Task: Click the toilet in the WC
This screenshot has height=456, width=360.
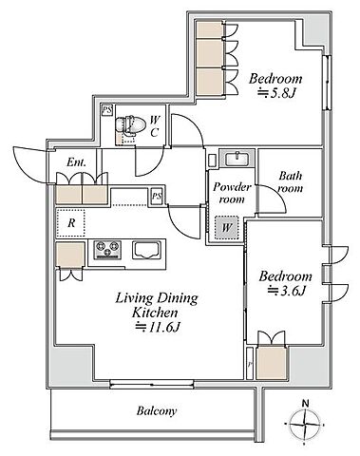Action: click(x=125, y=125)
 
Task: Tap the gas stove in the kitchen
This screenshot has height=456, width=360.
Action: click(x=107, y=250)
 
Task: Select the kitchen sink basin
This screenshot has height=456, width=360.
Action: click(x=146, y=250)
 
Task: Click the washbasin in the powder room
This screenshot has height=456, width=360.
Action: click(x=237, y=159)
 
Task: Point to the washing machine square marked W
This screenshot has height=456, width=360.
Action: click(x=226, y=227)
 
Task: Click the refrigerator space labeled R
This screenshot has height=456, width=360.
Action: click(x=71, y=223)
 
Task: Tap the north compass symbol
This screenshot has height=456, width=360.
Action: click(x=304, y=424)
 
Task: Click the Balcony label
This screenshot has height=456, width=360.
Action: click(x=157, y=411)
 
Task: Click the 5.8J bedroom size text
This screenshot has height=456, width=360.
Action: click(x=277, y=93)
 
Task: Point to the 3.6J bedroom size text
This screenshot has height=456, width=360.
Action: click(x=287, y=291)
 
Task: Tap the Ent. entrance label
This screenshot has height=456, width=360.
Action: click(x=76, y=162)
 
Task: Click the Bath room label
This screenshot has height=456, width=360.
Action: click(x=291, y=182)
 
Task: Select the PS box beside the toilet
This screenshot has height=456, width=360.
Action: click(x=107, y=110)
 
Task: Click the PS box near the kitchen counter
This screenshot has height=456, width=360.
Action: click(x=157, y=197)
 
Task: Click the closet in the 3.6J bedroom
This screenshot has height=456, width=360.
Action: click(x=273, y=363)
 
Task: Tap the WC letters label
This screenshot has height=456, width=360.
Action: click(x=155, y=126)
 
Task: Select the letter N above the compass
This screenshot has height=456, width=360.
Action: click(x=305, y=404)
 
